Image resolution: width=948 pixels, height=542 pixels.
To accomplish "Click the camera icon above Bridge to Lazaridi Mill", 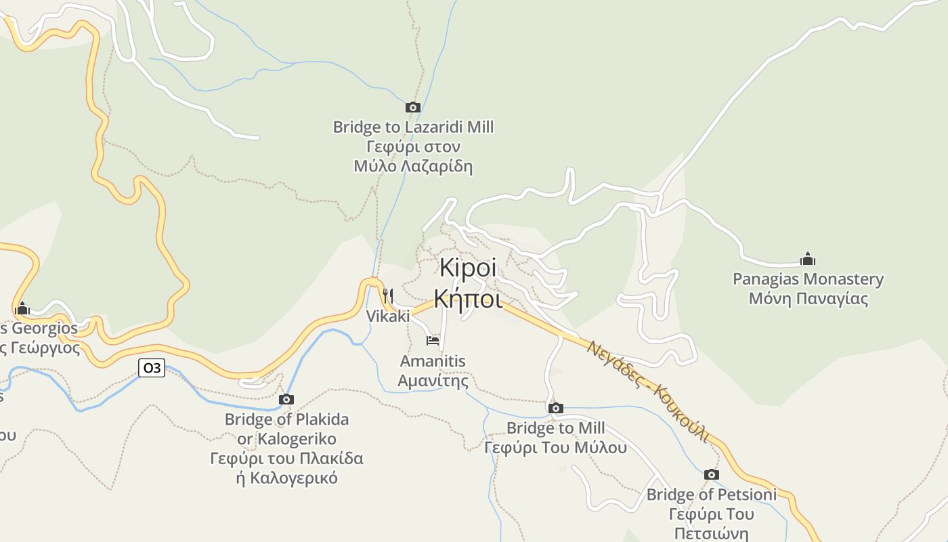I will (x=413, y=107).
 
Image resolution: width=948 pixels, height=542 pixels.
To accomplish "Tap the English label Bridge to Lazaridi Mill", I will (x=413, y=127).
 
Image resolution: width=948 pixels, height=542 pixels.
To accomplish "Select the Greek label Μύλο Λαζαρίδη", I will (x=413, y=166).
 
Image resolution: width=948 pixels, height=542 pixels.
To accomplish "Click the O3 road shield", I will (x=152, y=368).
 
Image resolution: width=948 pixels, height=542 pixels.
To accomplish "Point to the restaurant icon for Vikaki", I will (x=388, y=296).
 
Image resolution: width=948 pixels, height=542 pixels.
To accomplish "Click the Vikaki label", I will (x=388, y=316).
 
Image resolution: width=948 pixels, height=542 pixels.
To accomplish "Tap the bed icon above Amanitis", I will (x=433, y=340).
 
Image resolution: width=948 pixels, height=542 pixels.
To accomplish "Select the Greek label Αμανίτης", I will (x=433, y=381).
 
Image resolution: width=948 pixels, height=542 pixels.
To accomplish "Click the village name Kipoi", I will (x=468, y=268).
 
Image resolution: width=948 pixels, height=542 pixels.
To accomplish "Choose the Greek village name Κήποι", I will (x=468, y=298).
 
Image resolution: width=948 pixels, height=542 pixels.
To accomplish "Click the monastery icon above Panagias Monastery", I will (x=807, y=259).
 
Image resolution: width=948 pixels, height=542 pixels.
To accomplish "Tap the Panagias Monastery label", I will (x=808, y=279).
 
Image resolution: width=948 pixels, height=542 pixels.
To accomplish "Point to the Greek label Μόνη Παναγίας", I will (x=808, y=299).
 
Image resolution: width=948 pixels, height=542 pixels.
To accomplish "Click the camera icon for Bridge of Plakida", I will (x=286, y=400).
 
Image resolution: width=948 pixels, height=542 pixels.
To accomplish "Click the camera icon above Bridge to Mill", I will (x=556, y=408).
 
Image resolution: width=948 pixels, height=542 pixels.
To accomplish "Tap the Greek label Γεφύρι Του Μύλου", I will (x=555, y=448).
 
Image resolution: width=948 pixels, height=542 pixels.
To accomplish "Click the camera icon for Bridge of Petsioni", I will (x=711, y=474).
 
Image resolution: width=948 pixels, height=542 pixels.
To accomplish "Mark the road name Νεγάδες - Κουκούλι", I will (x=648, y=392).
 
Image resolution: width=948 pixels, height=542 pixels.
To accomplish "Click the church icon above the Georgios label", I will (x=22, y=309).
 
